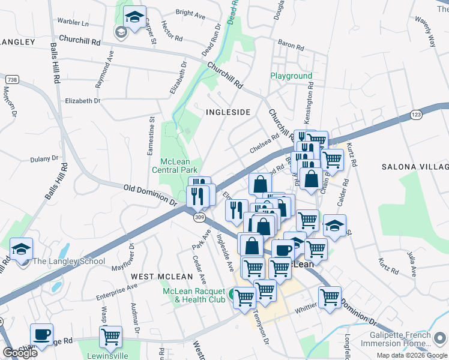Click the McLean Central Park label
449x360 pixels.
(x=178, y=166)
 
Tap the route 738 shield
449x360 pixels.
(x=11, y=80)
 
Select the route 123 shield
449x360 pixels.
(x=434, y=113)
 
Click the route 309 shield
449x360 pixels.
(x=199, y=218)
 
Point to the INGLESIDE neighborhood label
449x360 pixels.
(x=228, y=112)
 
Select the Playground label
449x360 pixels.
(x=291, y=76)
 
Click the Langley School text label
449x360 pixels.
(x=68, y=261)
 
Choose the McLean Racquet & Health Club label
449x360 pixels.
(x=193, y=295)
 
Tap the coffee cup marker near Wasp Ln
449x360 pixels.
(x=41, y=334)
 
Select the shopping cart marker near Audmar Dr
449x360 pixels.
(x=110, y=337)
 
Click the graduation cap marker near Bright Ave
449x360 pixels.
(x=135, y=17)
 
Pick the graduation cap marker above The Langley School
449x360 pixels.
(x=22, y=248)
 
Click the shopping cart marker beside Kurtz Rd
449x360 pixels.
(x=333, y=159)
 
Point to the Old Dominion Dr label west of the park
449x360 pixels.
(x=150, y=197)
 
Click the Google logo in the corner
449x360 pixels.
(x=20, y=353)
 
